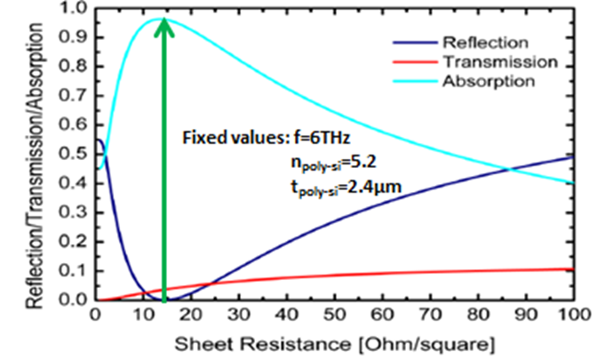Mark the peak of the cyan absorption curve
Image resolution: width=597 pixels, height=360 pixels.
[x=163, y=19]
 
